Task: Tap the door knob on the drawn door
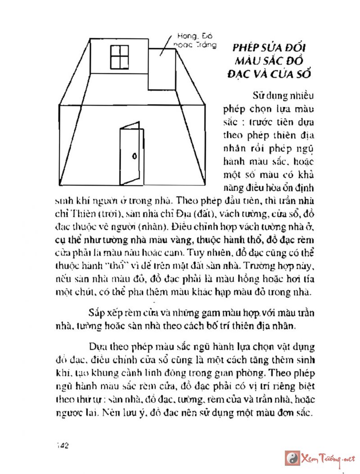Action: (x=134, y=156)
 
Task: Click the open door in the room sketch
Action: (x=130, y=153)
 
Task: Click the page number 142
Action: (x=62, y=445)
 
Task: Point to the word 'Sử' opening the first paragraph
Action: (x=260, y=95)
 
